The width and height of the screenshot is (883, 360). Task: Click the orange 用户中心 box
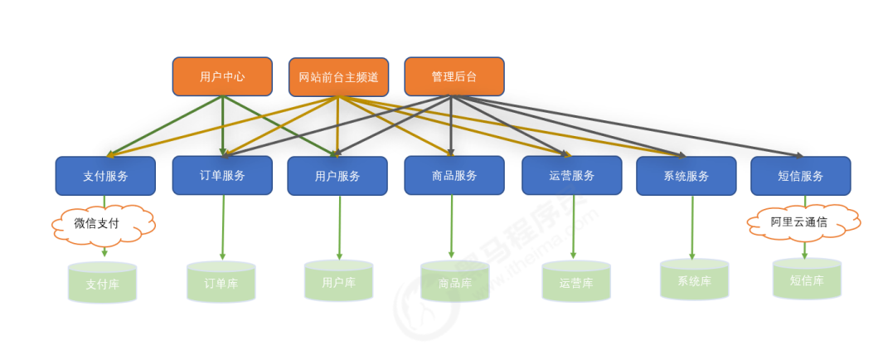point(222,76)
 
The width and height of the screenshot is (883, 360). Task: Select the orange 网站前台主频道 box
point(338,77)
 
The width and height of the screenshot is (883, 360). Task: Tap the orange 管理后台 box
point(454,76)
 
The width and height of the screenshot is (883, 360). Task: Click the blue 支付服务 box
point(105,176)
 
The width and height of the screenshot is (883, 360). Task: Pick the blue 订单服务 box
point(222,175)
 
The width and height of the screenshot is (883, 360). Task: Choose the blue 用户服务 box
point(337,176)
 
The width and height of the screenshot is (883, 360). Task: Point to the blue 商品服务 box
point(454,175)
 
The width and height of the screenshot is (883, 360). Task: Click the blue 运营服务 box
point(571,175)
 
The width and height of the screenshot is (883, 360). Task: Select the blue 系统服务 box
point(686,176)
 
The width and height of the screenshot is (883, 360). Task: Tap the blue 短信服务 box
point(800,176)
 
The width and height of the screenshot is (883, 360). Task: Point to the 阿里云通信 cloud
point(803,222)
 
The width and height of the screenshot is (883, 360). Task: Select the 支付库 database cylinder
point(102,283)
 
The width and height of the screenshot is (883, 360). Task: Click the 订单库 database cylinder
point(221,282)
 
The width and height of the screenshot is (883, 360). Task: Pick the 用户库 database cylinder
point(338,282)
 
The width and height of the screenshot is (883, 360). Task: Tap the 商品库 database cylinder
point(455,282)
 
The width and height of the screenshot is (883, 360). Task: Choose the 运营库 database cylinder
point(575,282)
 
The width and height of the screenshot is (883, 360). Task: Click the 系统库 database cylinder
point(694,280)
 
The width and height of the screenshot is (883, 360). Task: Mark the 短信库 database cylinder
point(806,280)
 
